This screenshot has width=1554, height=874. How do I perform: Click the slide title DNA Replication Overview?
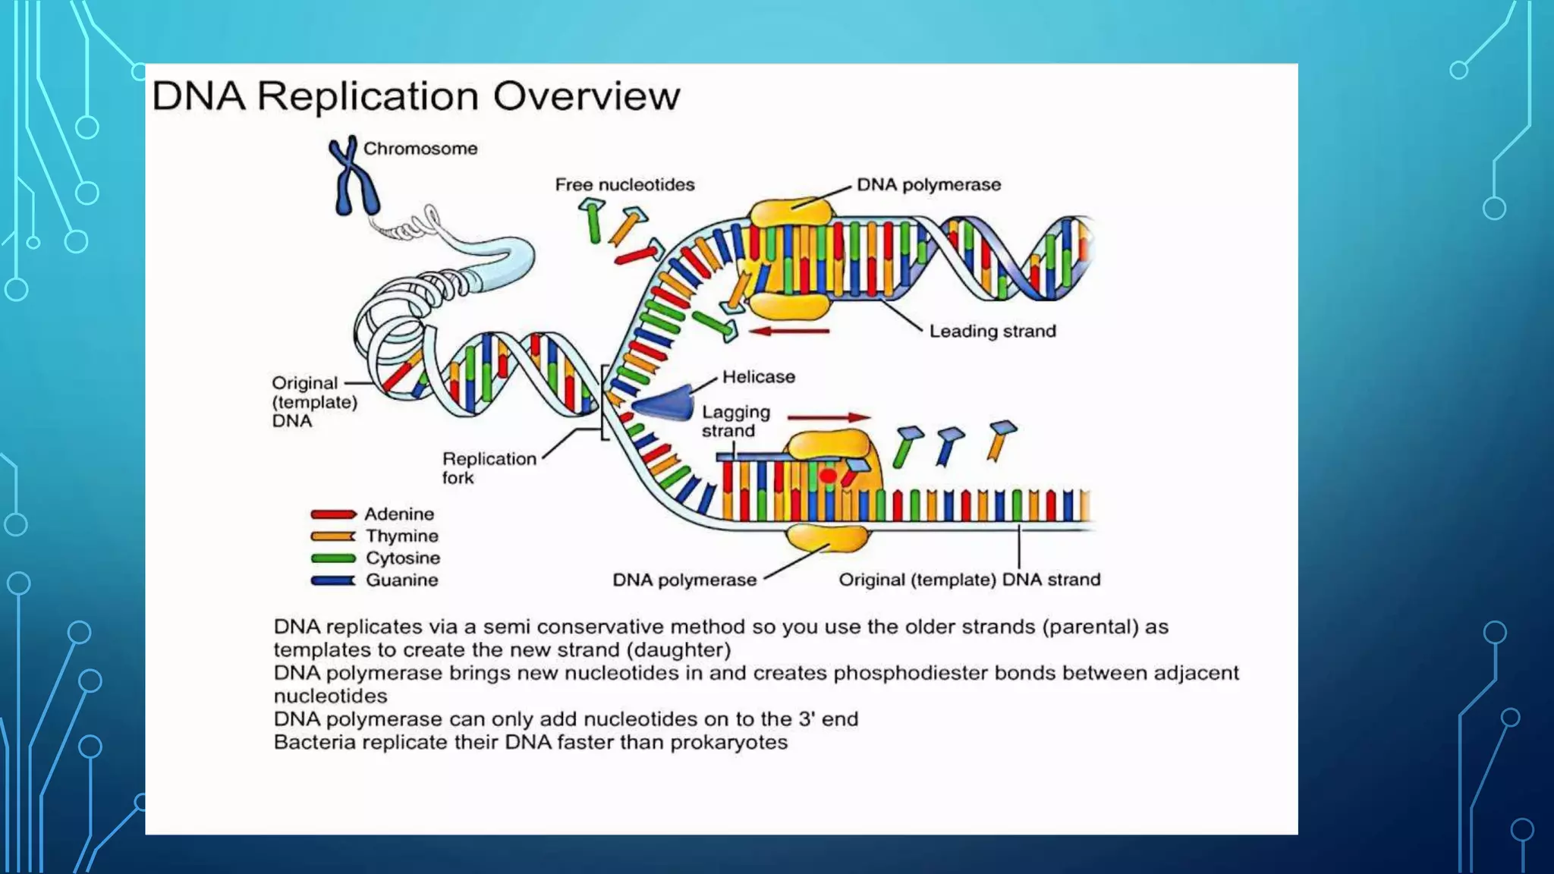(x=416, y=96)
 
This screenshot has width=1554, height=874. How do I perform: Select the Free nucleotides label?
(x=624, y=185)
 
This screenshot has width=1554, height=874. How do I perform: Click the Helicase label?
(x=758, y=377)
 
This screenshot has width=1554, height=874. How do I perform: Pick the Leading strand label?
(x=992, y=332)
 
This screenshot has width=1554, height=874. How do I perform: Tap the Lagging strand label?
(x=735, y=421)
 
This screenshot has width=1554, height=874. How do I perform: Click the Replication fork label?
(x=489, y=468)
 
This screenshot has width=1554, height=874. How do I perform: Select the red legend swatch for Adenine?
(x=333, y=514)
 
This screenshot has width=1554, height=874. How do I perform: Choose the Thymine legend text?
(x=401, y=536)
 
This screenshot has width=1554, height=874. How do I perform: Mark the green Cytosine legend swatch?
(x=333, y=558)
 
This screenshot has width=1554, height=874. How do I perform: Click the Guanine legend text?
(x=401, y=580)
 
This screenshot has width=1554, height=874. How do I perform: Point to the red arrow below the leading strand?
(x=789, y=331)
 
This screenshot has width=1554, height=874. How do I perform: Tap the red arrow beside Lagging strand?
(x=829, y=417)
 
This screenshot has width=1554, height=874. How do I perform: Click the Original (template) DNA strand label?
(x=969, y=580)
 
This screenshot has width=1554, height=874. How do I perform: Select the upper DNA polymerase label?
(x=929, y=185)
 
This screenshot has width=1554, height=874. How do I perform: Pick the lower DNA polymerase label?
(x=684, y=580)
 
